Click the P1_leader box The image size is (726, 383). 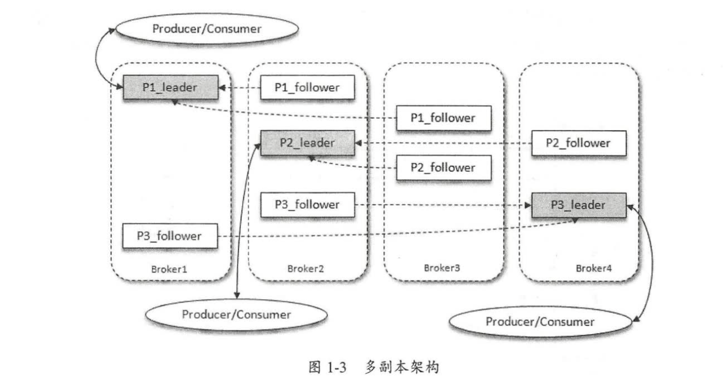coord(170,87)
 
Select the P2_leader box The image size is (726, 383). coord(307,143)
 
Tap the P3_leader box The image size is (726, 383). coord(578,205)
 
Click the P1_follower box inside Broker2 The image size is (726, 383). coord(307,87)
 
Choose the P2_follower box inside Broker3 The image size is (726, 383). coord(443,167)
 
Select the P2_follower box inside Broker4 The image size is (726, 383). coord(578,143)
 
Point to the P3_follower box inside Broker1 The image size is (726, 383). coord(170,236)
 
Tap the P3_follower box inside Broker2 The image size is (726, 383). coord(307,205)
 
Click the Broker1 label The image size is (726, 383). coord(169,269)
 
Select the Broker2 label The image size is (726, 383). coord(306,269)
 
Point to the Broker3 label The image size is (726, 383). coord(442,269)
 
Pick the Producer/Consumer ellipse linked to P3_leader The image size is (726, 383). coord(540,321)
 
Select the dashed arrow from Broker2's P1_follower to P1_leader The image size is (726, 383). coord(239,87)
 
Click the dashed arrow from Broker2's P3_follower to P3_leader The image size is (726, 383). coord(441,205)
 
